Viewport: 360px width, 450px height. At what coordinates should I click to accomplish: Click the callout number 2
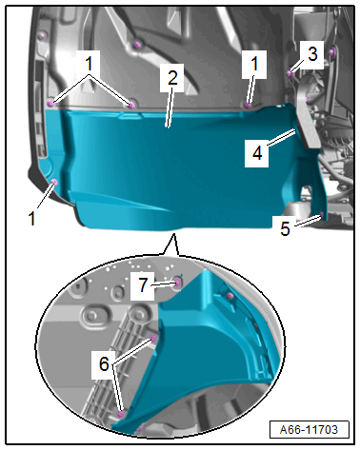pyautogui.click(x=172, y=78)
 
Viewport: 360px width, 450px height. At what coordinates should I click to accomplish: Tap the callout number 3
pyautogui.click(x=312, y=54)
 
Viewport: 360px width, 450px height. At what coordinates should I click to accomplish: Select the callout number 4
pyautogui.click(x=257, y=153)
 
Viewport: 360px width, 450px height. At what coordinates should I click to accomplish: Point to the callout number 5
pyautogui.click(x=285, y=227)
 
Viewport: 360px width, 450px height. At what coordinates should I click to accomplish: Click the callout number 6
pyautogui.click(x=104, y=363)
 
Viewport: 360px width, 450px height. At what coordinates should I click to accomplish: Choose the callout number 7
pyautogui.click(x=143, y=284)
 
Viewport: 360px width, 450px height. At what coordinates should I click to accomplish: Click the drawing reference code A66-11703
pyautogui.click(x=309, y=430)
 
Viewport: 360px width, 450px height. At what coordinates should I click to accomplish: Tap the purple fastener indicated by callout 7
pyautogui.click(x=178, y=283)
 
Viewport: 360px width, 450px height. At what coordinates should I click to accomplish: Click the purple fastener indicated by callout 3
pyautogui.click(x=290, y=73)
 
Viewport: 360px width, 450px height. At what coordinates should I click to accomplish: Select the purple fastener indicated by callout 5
pyautogui.click(x=321, y=215)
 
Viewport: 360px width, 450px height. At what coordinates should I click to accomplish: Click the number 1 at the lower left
pyautogui.click(x=31, y=219)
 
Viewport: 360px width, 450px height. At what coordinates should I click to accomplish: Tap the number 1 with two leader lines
pyautogui.click(x=90, y=64)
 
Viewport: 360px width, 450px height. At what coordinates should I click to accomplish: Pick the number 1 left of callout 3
pyautogui.click(x=254, y=64)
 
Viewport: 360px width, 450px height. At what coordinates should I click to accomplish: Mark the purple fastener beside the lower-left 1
pyautogui.click(x=54, y=182)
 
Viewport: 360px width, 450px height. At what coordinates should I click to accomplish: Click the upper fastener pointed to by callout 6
pyautogui.click(x=152, y=339)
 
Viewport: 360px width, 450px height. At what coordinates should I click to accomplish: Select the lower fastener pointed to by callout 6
pyautogui.click(x=121, y=414)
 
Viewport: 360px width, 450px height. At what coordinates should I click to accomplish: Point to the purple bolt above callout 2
pyautogui.click(x=137, y=44)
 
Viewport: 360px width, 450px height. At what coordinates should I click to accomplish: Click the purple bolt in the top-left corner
pyautogui.click(x=41, y=36)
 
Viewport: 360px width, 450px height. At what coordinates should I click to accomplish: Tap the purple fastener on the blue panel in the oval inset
pyautogui.click(x=230, y=296)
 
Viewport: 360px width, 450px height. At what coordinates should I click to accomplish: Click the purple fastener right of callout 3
pyautogui.click(x=332, y=51)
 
